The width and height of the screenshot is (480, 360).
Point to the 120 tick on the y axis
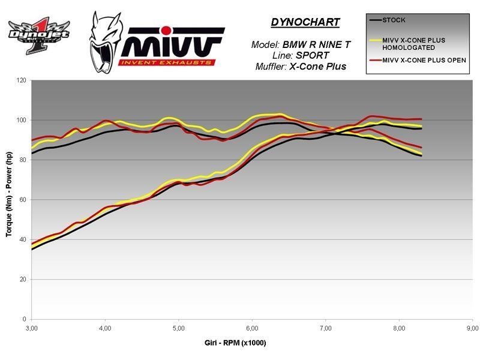point(22,80)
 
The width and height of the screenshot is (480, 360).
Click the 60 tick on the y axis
point(23,200)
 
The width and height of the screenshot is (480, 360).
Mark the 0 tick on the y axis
point(25,319)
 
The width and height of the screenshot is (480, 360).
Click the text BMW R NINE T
point(312,44)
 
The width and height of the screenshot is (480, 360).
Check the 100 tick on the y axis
point(22,120)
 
